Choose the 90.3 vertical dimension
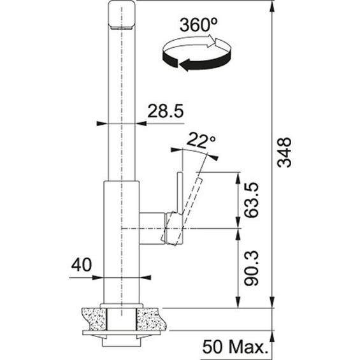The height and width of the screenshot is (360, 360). pos(252,268)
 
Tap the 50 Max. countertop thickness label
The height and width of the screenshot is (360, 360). pos(234,348)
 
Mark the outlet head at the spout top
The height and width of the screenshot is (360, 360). pos(122,15)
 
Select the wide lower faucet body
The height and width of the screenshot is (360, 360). pos(121,242)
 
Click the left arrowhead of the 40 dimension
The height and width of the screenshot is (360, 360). pos(99,277)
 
